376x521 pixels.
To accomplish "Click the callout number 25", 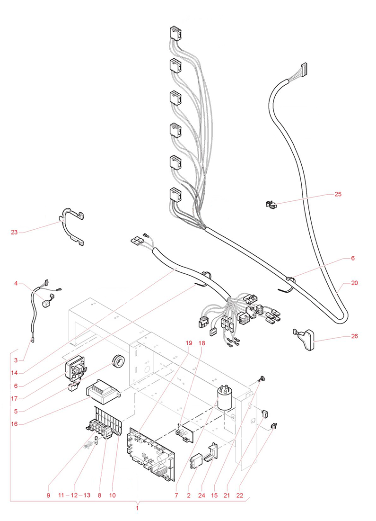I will (338, 194).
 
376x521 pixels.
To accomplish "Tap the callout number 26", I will (354, 336).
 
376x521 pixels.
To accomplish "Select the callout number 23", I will (14, 232).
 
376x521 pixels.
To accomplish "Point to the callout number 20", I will (355, 283).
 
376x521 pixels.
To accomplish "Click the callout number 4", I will (16, 284).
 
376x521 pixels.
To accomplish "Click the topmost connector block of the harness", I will (175, 34).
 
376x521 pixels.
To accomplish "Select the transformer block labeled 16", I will (101, 389).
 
